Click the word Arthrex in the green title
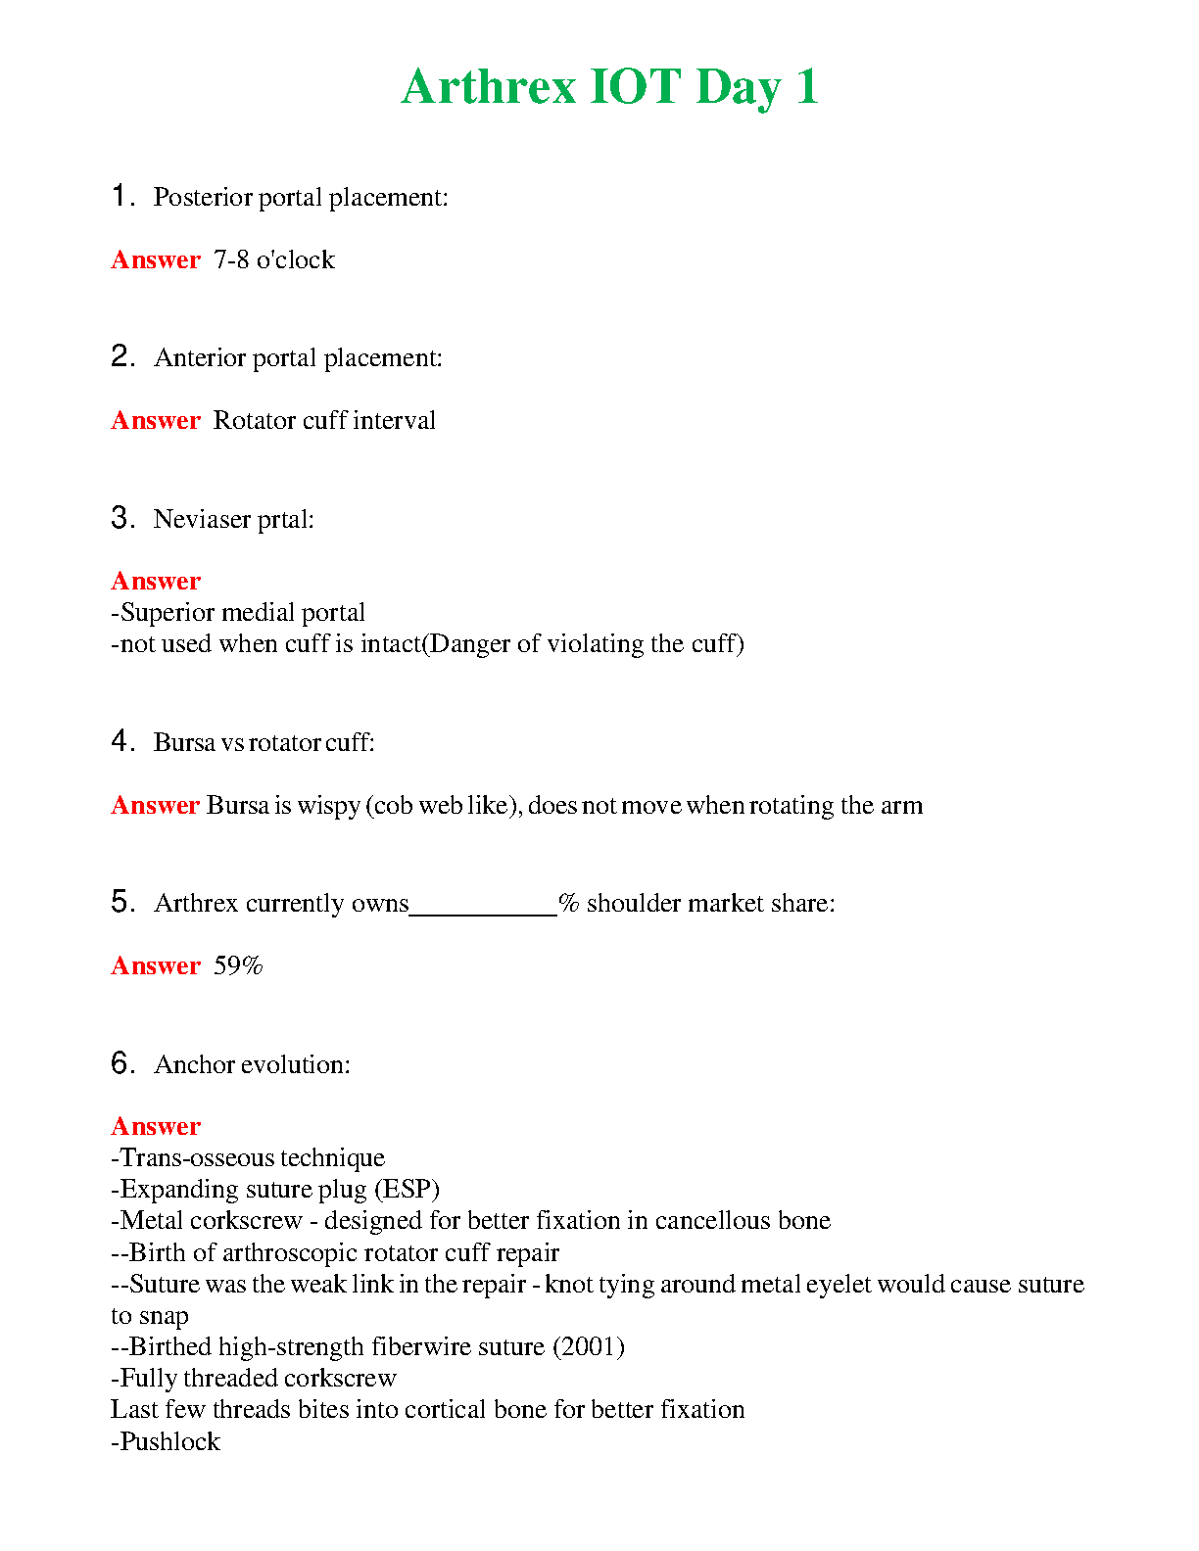point(488,87)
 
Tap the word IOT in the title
point(635,87)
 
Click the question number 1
point(120,196)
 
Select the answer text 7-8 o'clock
point(274,259)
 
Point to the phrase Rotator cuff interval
point(324,421)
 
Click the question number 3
point(121,518)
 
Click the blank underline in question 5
point(483,911)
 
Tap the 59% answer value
point(238,966)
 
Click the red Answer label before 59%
point(156,966)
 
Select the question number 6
point(121,1063)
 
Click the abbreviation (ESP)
point(407,1190)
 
